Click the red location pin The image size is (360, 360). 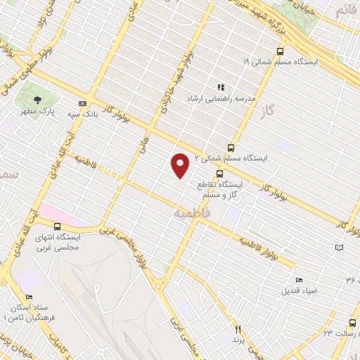[181, 165]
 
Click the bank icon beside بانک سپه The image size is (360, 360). [82, 103]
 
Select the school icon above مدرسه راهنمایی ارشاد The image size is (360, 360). [221, 88]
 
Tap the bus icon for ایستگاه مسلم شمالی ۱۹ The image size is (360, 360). [281, 51]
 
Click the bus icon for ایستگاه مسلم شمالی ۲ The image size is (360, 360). [231, 148]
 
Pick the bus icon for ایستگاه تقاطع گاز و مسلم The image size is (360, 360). [220, 173]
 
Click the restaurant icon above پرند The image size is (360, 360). [238, 329]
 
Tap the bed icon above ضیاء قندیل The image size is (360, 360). [299, 280]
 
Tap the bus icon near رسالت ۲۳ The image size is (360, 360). [352, 323]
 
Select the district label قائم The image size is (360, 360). [347, 10]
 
